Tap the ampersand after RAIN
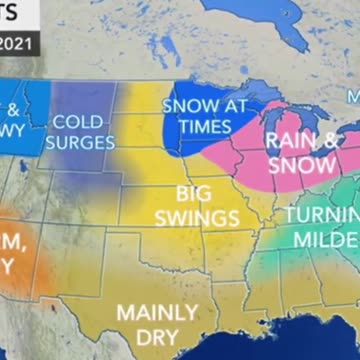(x=326, y=141)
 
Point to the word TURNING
(x=322, y=216)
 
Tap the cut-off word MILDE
(x=325, y=240)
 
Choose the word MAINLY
(x=157, y=311)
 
